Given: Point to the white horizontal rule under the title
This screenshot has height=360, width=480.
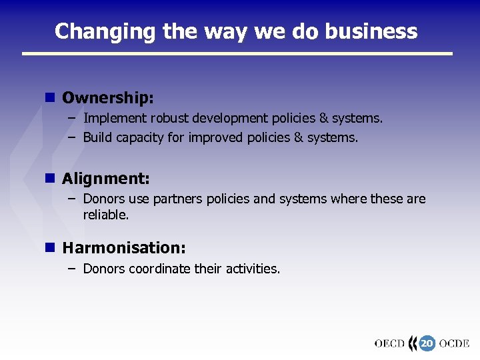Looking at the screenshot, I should pos(237,53).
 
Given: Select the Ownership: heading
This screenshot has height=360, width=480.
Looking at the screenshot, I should pos(108,98).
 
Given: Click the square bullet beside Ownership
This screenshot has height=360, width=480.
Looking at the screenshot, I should pos(49,97).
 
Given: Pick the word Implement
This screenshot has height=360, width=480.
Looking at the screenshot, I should pos(115,119).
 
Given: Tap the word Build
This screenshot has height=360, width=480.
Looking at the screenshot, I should pos(97,138).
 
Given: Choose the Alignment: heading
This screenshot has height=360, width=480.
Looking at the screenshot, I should pos(106,179).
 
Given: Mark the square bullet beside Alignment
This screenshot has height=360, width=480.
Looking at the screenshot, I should pos(49,178).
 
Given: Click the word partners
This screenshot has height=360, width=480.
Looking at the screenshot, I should pos(179,199).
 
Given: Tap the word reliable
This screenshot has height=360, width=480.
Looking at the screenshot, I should pos(105,215).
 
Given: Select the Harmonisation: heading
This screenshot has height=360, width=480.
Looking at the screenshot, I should pos(124,248).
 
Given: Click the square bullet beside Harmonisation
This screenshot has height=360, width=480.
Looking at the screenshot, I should pos(49,247).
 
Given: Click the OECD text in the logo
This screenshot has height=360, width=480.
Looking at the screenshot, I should pos(389,344).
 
